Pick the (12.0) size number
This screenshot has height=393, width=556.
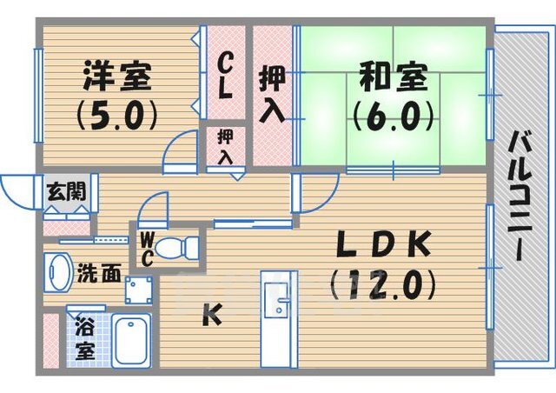pos(383,283)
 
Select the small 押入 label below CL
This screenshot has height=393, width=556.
pos(225,147)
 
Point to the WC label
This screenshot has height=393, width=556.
pos(147,250)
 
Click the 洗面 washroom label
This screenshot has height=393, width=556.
pos(97,273)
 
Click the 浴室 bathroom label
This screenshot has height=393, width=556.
pos(84,341)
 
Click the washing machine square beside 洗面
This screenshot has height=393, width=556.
pos(136,290)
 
